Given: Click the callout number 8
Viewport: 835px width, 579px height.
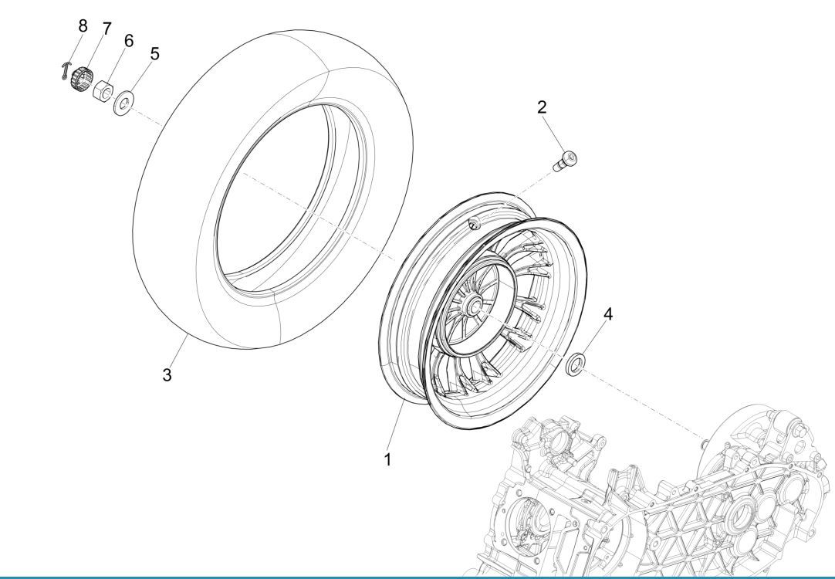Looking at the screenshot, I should coord(83,25).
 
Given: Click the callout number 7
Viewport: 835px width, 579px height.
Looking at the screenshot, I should coord(106,28).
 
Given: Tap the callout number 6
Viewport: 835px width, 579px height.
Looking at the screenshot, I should coord(129,41).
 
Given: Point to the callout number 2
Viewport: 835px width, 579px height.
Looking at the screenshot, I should coord(543,106).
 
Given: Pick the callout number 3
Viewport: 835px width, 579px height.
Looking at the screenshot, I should coord(167,375).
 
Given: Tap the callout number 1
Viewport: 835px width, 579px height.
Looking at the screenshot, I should coord(388,459).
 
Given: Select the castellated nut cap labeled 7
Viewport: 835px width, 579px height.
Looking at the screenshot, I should coord(81,80).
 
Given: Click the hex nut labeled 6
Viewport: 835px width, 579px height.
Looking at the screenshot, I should coord(102,93).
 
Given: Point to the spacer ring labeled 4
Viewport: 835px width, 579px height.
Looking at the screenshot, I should coord(575,365).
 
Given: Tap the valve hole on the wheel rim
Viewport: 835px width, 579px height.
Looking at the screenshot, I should coord(475,225).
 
